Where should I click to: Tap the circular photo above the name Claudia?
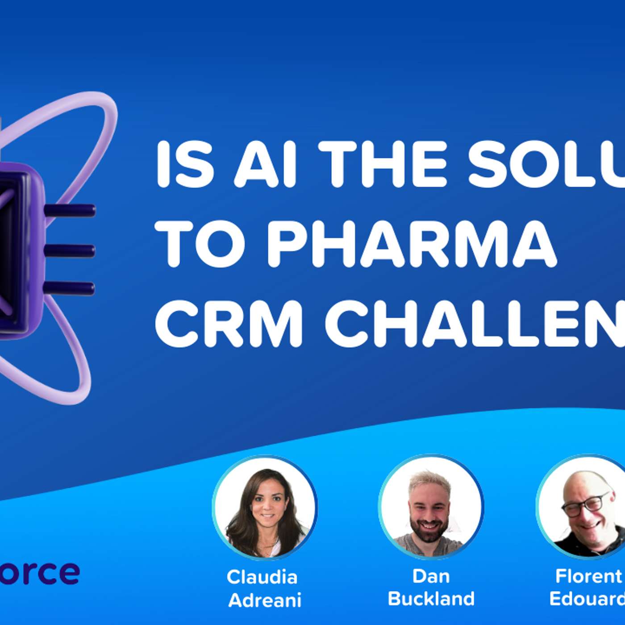pyautogui.click(x=265, y=508)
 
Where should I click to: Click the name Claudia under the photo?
pyautogui.click(x=262, y=577)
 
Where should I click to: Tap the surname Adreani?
pyautogui.click(x=265, y=600)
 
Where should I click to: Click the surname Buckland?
pyautogui.click(x=431, y=599)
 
